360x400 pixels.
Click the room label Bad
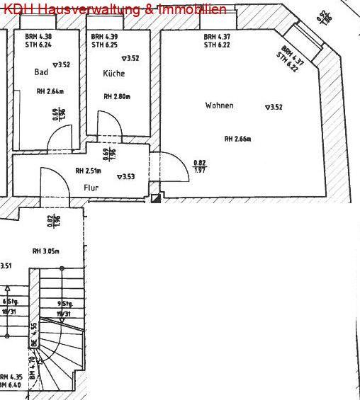40,72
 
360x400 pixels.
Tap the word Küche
113,74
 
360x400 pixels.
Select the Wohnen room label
219,105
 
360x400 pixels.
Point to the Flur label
90,188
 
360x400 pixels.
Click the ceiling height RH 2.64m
50,91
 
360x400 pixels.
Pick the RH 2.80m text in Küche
117,97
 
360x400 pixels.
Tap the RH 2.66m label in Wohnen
238,139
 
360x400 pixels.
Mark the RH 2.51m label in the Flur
89,171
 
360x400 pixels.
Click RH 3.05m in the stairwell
46,251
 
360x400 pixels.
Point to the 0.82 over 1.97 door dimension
200,167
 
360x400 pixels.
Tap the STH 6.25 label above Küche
103,45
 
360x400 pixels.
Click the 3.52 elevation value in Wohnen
274,108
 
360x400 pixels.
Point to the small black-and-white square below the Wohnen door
156,200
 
